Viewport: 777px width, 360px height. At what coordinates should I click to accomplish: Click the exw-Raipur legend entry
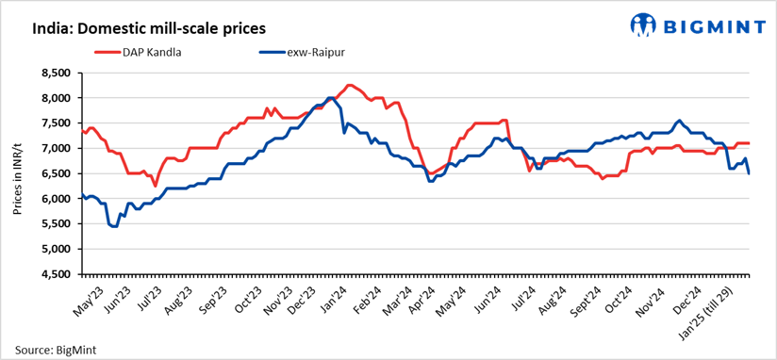click(315, 52)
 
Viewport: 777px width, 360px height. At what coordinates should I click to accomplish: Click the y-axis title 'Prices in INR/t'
click(18, 173)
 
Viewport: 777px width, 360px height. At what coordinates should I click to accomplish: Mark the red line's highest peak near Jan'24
click(349, 85)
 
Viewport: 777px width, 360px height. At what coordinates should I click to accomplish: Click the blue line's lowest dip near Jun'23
click(114, 226)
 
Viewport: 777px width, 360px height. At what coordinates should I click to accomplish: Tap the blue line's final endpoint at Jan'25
click(750, 173)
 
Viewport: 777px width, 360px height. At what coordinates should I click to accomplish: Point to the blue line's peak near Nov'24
click(679, 121)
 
